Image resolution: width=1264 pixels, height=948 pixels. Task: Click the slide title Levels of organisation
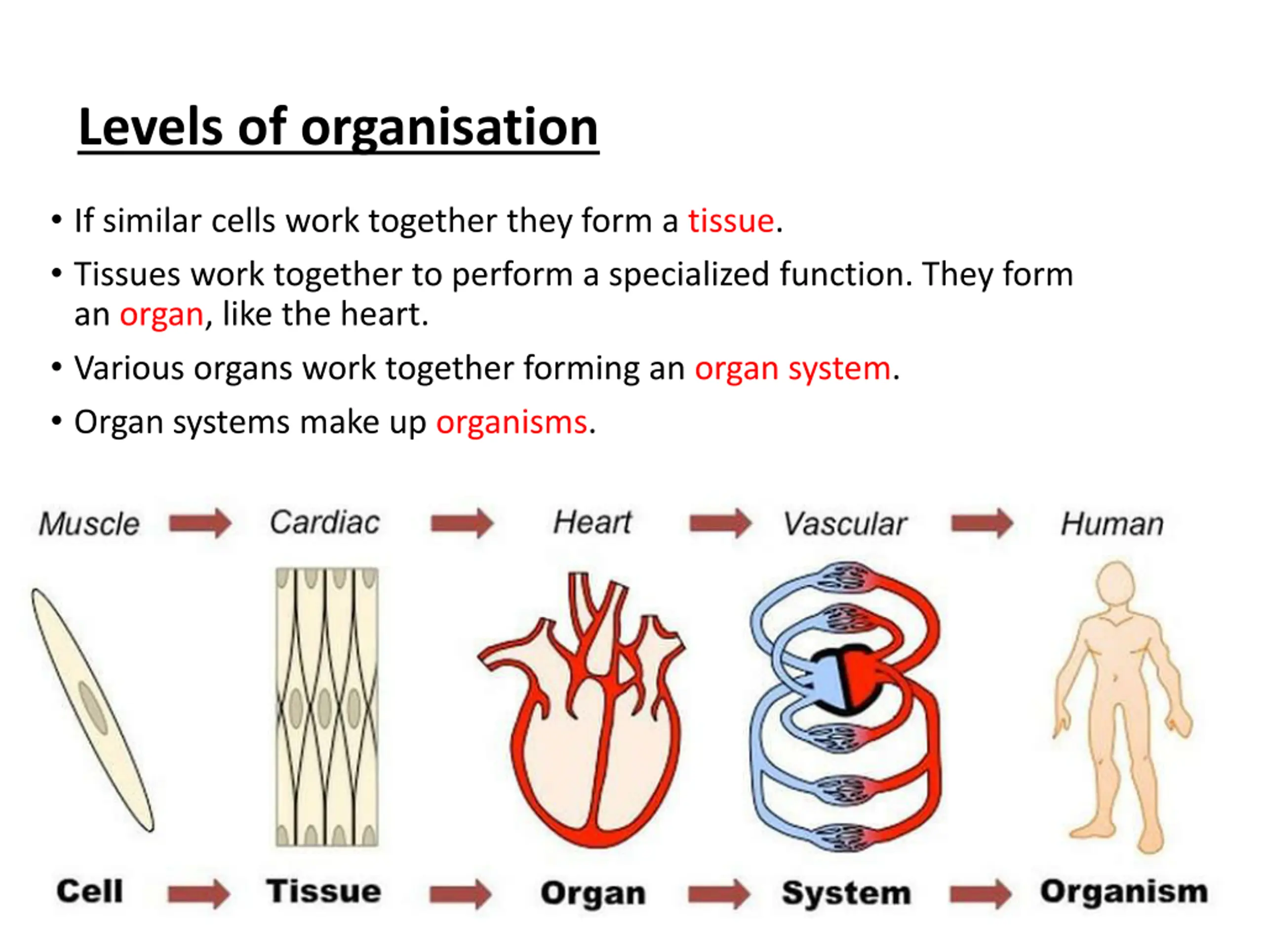tap(338, 127)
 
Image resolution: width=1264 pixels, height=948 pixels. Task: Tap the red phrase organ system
tap(792, 368)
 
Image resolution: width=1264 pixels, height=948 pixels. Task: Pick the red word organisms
tap(512, 422)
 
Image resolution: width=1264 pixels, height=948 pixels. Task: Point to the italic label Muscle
tap(89, 523)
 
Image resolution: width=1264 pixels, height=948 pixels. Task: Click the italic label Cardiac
tap(324, 522)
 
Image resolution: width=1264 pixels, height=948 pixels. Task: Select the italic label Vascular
tap(845, 523)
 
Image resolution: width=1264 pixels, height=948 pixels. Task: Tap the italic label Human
tap(1112, 523)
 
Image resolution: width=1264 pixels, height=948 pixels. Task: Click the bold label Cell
tap(90, 891)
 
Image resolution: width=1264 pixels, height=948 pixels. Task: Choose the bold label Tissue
tap(323, 891)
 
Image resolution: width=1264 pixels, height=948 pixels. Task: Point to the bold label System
tap(846, 893)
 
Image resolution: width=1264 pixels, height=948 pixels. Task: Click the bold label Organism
tap(1123, 891)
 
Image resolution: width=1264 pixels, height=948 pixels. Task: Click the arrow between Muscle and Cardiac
tap(200, 523)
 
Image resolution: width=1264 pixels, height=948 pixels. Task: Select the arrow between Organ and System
tap(719, 894)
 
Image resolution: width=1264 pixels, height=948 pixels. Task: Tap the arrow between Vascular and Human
tap(982, 523)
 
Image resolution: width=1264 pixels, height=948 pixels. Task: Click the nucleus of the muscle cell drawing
tap(93, 708)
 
